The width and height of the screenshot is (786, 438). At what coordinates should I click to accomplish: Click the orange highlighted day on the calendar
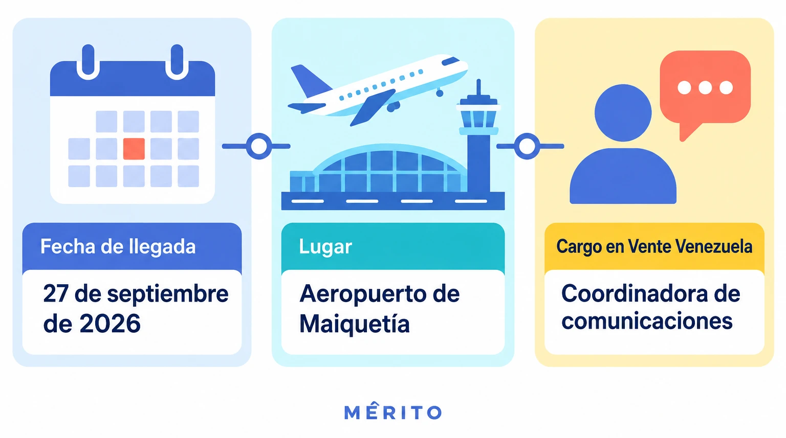134,149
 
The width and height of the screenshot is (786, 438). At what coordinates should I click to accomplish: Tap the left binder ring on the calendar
88,62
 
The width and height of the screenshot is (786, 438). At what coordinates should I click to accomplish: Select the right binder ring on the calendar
177,62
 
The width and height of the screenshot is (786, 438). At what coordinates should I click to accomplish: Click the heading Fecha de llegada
118,246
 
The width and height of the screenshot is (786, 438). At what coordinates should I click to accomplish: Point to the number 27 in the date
56,294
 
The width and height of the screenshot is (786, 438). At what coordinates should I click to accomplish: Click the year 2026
110,324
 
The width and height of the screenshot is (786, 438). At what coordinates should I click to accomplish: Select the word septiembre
168,295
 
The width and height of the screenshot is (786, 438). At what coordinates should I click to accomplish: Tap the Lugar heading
325,247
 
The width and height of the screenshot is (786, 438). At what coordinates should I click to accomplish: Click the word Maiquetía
355,324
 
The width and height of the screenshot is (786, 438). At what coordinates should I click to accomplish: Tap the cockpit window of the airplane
450,61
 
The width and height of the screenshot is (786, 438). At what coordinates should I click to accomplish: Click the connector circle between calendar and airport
259,146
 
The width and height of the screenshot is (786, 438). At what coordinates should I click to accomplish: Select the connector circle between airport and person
527,146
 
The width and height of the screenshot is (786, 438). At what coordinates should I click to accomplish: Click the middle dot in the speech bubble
705,87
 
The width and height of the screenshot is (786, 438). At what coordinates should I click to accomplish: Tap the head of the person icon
623,113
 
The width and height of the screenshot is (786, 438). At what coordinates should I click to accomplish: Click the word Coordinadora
635,294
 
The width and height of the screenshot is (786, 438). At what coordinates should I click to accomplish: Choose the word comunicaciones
647,321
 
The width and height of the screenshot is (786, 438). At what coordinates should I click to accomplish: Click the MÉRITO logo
392,411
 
